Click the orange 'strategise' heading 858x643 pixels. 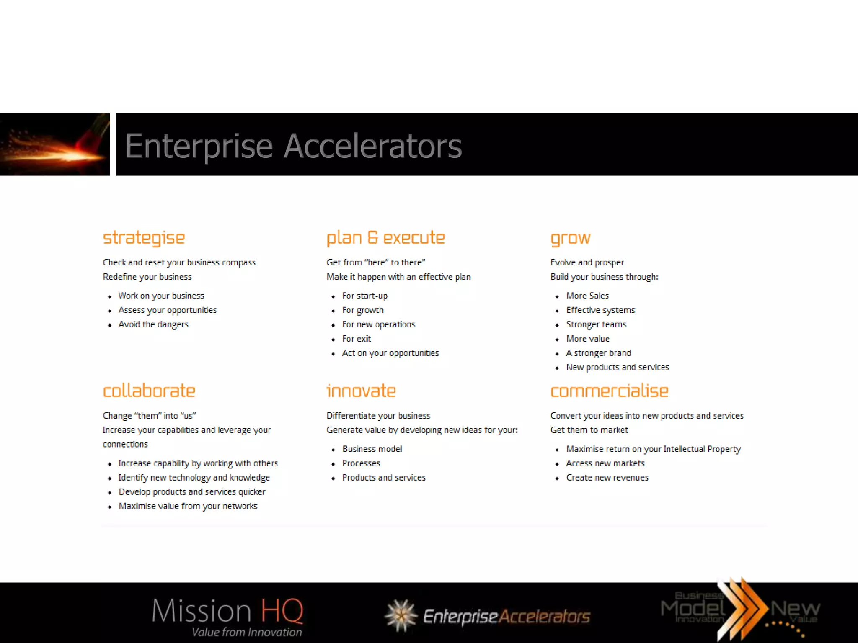click(144, 238)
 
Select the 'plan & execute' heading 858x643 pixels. click(385, 238)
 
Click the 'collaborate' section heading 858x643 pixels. click(149, 391)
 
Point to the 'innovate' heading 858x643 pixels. click(361, 391)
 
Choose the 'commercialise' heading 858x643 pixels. click(609, 391)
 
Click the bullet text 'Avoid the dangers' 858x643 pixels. click(153, 324)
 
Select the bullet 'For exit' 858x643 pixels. click(357, 339)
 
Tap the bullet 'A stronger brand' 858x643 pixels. click(598, 353)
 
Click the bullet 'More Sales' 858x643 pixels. click(587, 296)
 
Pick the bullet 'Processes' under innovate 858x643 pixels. click(361, 463)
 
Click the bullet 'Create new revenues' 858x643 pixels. click(607, 478)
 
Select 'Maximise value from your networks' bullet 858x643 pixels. click(188, 506)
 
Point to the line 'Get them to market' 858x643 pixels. click(589, 430)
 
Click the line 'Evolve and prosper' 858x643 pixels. click(587, 262)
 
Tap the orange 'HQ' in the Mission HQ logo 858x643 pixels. click(282, 611)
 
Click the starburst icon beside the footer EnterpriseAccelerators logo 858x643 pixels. click(401, 615)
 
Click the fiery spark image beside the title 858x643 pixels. click(54, 144)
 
